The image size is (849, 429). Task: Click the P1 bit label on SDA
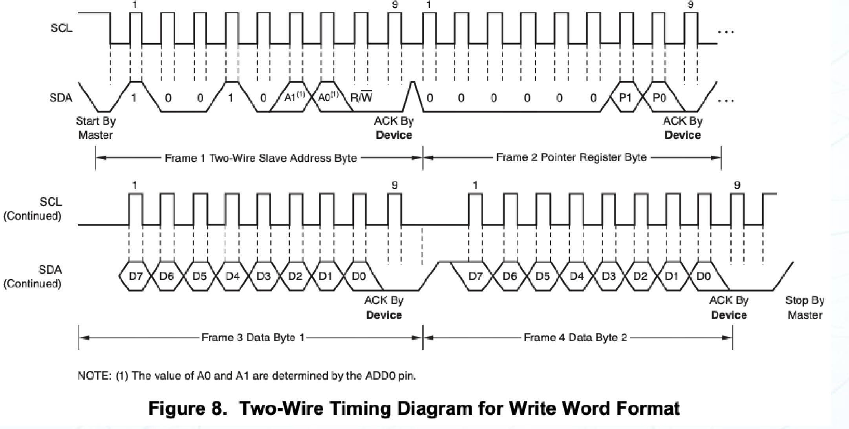click(625, 97)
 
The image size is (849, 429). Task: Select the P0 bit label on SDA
click(659, 97)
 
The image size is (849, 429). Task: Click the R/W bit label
click(361, 97)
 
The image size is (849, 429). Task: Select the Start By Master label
click(96, 128)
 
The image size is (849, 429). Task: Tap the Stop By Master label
click(805, 308)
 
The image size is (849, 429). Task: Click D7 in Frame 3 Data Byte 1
click(136, 276)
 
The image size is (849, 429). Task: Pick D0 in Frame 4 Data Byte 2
click(703, 276)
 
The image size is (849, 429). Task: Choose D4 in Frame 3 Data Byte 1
click(232, 276)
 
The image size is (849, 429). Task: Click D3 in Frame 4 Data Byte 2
click(609, 276)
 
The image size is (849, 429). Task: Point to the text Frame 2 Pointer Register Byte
click(571, 158)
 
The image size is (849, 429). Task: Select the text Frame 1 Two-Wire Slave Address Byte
click(261, 158)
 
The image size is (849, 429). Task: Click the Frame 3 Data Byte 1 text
click(253, 337)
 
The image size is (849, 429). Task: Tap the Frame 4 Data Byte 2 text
click(575, 337)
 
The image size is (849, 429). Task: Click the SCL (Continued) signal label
click(33, 209)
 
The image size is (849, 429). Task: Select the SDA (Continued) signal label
click(33, 276)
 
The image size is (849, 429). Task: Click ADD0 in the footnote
click(377, 376)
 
